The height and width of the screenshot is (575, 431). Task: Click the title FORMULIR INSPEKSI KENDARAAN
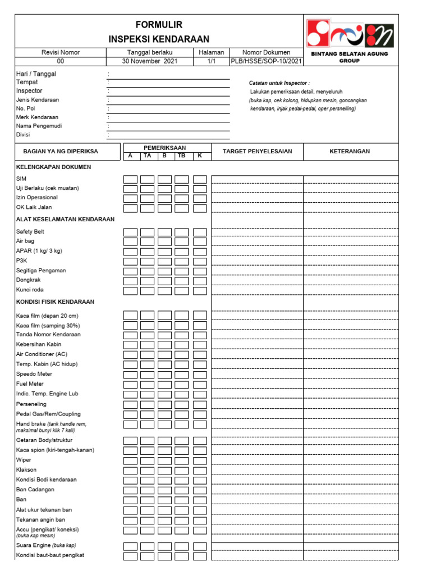point(159,31)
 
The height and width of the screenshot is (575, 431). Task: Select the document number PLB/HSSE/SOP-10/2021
point(267,61)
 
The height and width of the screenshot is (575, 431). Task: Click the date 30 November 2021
point(149,61)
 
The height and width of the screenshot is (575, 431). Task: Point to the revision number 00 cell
point(61,61)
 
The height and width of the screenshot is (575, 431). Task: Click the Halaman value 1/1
point(211,61)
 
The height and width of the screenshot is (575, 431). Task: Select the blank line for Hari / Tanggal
point(168,75)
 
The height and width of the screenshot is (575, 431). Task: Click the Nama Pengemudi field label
point(39,126)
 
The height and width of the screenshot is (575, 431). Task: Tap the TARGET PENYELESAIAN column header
point(257,152)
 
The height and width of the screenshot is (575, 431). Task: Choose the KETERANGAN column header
point(351,152)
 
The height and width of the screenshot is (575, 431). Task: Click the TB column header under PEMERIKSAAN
point(181,156)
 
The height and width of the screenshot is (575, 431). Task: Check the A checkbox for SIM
point(130,180)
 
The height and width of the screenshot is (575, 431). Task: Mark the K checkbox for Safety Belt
point(200,232)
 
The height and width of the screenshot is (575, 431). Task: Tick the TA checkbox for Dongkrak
point(147,281)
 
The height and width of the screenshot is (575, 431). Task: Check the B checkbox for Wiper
point(164,460)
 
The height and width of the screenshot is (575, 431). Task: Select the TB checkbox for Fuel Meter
point(181,384)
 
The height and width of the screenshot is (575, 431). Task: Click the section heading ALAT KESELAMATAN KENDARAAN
point(65,219)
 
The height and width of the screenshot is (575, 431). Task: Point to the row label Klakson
point(27,470)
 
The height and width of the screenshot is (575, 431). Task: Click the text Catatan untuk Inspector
point(279,83)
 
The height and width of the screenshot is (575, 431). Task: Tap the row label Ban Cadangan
point(35,490)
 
